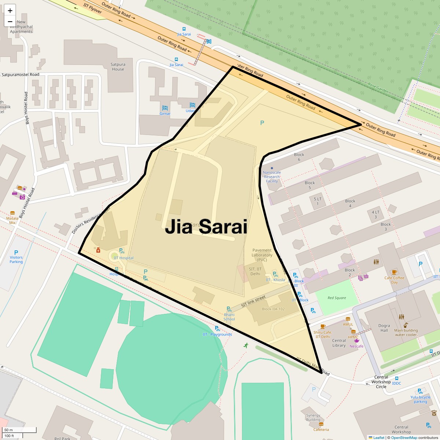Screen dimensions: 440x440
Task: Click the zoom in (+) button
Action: [10, 11]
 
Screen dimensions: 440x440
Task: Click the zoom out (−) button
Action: [10, 22]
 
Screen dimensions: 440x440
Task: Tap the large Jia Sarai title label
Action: [206, 227]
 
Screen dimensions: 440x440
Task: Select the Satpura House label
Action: [118, 67]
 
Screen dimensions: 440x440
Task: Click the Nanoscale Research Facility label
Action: [272, 177]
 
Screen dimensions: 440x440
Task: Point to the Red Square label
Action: [337, 298]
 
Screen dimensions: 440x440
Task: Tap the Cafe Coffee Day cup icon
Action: [394, 272]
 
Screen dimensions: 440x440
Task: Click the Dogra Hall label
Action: [384, 328]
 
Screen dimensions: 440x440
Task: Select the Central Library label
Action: [339, 343]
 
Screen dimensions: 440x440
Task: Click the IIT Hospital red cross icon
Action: [98, 250]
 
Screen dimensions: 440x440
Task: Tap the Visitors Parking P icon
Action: [16, 253]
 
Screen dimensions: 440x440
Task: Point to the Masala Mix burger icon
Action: [12, 213]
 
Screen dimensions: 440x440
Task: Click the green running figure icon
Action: [246, 345]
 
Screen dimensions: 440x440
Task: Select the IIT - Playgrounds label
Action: [217, 334]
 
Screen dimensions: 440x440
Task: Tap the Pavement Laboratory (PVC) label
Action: [262, 255]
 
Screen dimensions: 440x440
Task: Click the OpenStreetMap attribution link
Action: [404, 437]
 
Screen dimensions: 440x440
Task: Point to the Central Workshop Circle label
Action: [381, 382]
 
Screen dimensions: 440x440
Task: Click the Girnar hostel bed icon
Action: [165, 108]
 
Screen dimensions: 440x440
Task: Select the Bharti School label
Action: [229, 317]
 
